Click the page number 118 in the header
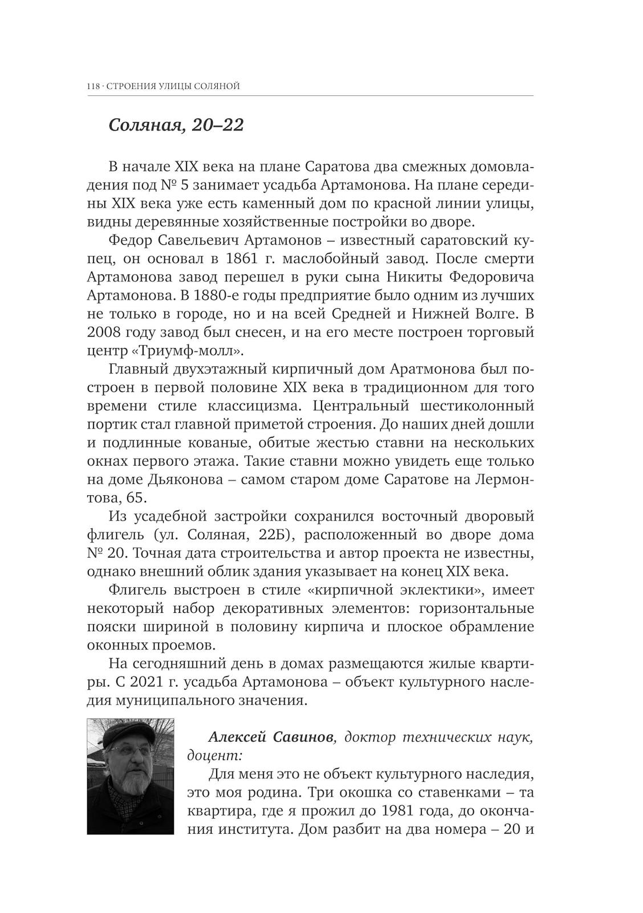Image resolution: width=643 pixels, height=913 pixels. point(93,87)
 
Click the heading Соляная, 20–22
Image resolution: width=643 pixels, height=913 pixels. point(176,125)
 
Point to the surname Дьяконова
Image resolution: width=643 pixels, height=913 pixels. point(186,480)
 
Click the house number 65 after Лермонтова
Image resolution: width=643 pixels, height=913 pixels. point(135,498)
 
